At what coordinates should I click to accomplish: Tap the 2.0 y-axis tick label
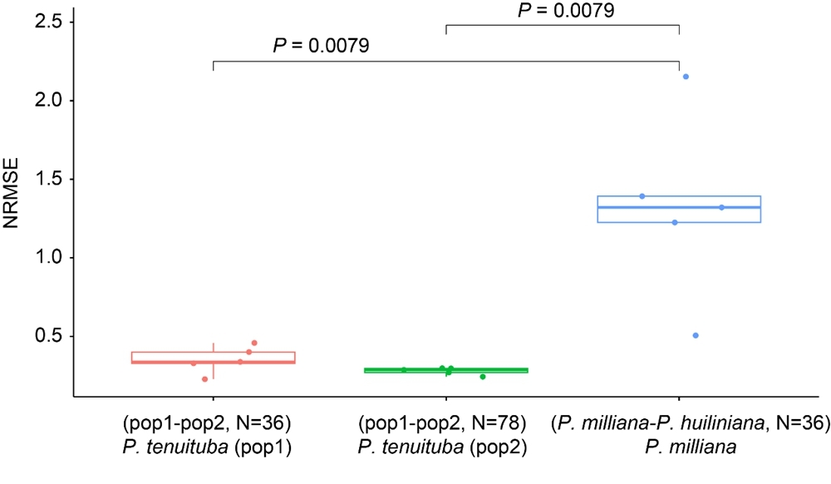pyautogui.click(x=51, y=100)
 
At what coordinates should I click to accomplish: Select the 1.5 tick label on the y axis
pyautogui.click(x=51, y=179)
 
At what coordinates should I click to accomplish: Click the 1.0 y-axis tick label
pyautogui.click(x=51, y=258)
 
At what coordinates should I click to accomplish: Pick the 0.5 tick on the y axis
pyautogui.click(x=51, y=336)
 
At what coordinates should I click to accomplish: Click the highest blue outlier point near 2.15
pyautogui.click(x=686, y=77)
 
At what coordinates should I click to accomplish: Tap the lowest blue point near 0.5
pyautogui.click(x=696, y=335)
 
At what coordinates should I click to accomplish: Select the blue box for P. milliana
pyautogui.click(x=679, y=209)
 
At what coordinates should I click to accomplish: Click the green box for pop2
pyautogui.click(x=446, y=370)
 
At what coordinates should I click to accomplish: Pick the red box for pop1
pyautogui.click(x=214, y=358)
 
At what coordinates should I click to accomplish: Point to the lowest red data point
pyautogui.click(x=204, y=379)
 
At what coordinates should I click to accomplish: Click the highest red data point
pyautogui.click(x=254, y=343)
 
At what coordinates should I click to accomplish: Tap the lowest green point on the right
pyautogui.click(x=482, y=377)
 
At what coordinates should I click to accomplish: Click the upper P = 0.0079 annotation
pyautogui.click(x=566, y=10)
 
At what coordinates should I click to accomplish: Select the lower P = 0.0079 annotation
pyautogui.click(x=321, y=45)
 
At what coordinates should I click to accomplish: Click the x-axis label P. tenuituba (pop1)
pyautogui.click(x=214, y=447)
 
